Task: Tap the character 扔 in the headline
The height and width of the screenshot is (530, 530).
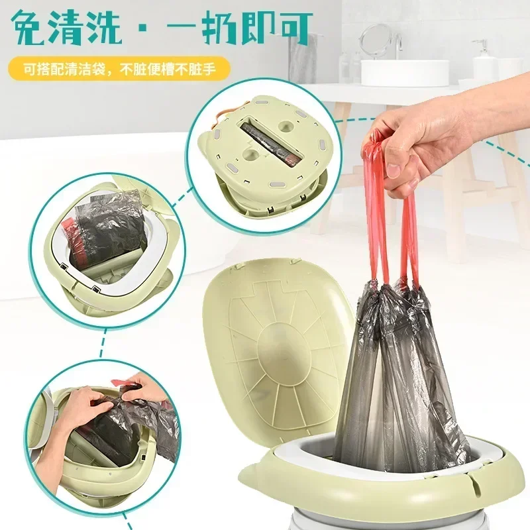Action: click(x=224, y=28)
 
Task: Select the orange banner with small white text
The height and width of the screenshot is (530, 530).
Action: click(x=119, y=68)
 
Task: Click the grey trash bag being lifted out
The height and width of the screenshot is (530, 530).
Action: click(x=391, y=371)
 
